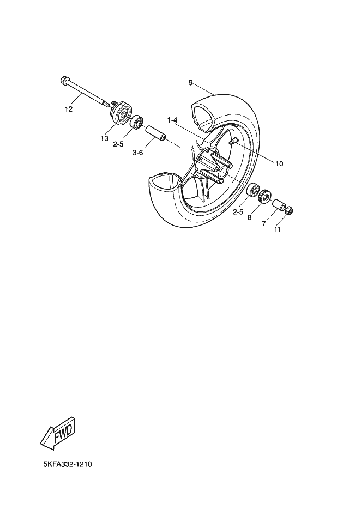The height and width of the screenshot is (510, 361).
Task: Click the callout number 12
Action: coord(68,109)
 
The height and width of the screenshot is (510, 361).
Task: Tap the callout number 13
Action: coord(104,138)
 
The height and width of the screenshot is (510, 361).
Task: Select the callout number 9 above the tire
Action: coord(190,83)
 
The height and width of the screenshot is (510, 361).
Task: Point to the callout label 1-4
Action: coord(173,120)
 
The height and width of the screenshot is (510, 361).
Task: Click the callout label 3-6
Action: coord(138,153)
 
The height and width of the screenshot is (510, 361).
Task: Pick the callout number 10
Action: coord(279,163)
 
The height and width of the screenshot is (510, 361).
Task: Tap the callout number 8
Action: coord(249,217)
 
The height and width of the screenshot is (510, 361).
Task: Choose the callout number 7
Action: coord(263,223)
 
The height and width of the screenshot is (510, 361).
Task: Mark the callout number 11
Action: coord(278,229)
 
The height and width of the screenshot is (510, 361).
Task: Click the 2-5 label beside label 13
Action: coord(119,144)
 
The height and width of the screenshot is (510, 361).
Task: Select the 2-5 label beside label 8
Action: coord(238,211)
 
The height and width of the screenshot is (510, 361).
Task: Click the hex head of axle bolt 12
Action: coord(64,81)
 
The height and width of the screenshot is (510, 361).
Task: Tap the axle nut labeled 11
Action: coord(290,211)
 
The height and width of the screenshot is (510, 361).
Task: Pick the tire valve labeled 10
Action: coord(235,142)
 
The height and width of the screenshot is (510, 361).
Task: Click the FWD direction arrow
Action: coord(58,433)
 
